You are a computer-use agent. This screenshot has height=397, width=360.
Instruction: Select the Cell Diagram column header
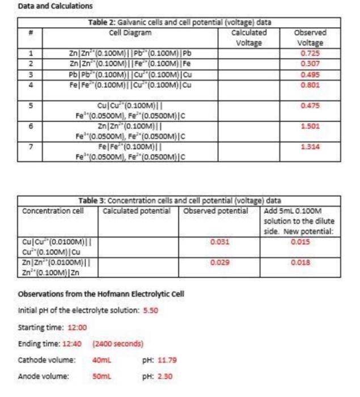point(132,33)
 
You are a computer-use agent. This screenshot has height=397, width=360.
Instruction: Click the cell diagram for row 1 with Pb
point(132,52)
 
